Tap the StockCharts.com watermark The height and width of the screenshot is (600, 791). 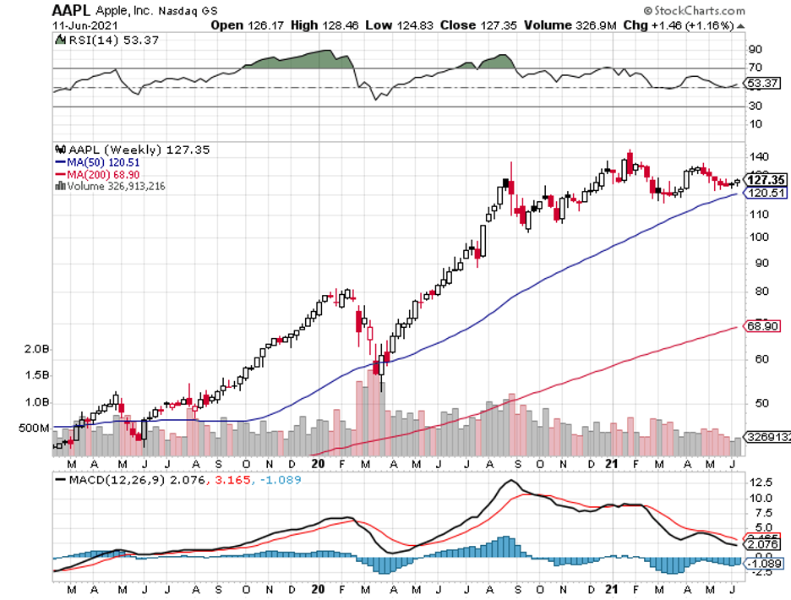(x=693, y=11)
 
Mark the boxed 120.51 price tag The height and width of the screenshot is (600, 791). (x=766, y=193)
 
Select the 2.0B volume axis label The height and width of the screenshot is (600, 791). (x=35, y=349)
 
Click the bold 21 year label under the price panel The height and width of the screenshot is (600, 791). (x=614, y=463)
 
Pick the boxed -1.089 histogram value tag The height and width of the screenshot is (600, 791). (x=763, y=562)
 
